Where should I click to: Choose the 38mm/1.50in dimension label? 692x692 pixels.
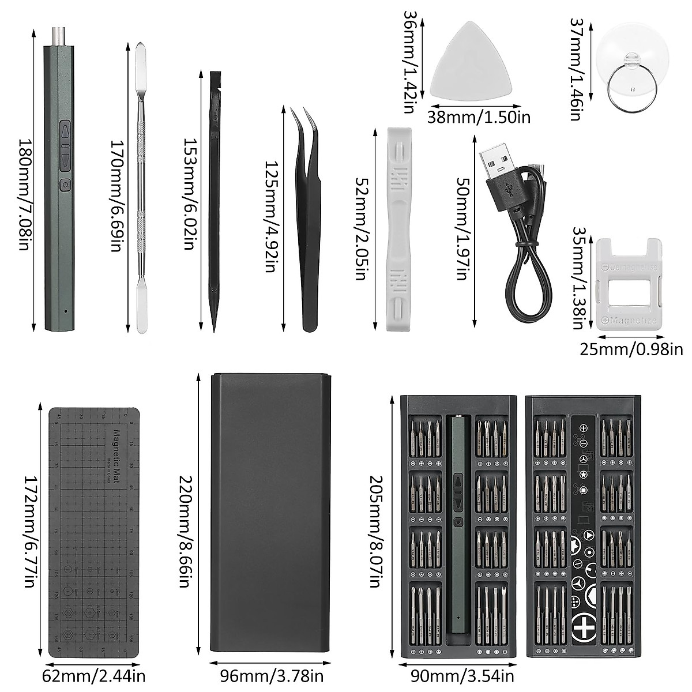pyautogui.click(x=479, y=117)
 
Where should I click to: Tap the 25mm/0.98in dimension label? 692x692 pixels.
pyautogui.click(x=631, y=349)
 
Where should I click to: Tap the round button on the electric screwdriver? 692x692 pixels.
pyautogui.click(x=65, y=185)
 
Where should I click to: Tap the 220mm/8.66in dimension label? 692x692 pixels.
pyautogui.click(x=185, y=531)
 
